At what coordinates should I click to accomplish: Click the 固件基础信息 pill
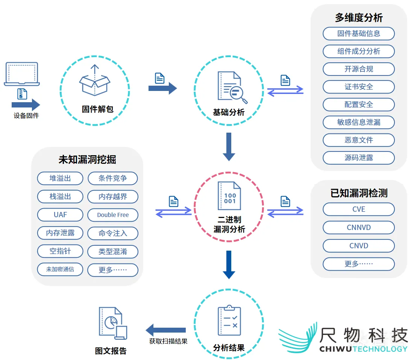358,33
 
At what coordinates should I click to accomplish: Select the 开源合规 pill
358,69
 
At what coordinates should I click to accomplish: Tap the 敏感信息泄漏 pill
358,122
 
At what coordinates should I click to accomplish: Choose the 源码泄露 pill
358,158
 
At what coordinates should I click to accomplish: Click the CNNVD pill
358,227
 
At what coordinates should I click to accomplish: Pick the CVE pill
358,209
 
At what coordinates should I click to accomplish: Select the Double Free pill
113,215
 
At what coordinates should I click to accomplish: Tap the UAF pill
60,215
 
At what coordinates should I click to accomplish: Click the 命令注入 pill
113,233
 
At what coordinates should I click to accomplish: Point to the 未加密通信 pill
60,269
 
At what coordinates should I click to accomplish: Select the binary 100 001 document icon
229,196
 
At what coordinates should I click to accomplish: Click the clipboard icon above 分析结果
229,321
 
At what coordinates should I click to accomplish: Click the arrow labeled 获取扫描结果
166,330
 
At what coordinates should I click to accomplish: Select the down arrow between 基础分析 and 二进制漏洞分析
229,147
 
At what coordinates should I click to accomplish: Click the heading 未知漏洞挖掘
87,159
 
